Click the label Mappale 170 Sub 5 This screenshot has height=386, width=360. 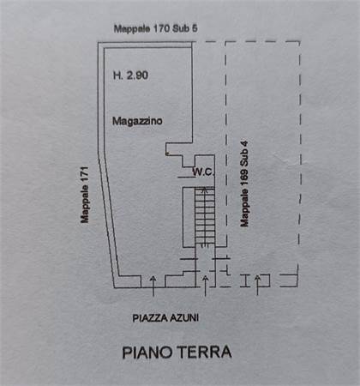[156, 28]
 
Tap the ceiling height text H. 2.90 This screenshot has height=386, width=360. [130, 75]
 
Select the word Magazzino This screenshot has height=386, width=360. [137, 121]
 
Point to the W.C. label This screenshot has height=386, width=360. [203, 172]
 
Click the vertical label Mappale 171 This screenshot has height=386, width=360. [85, 195]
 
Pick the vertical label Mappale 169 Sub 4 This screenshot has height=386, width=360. [244, 184]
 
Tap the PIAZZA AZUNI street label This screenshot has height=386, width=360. [165, 318]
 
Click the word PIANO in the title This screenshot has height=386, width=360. [147, 353]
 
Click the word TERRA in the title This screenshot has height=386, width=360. [204, 352]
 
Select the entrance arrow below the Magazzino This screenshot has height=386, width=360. [153, 286]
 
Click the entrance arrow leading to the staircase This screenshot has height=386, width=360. [205, 286]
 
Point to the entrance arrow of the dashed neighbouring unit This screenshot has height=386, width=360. [257, 285]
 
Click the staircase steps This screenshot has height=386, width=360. [205, 216]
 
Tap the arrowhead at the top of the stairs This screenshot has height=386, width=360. [205, 189]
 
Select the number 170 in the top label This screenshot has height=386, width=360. [163, 28]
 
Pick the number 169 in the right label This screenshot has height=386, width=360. [244, 179]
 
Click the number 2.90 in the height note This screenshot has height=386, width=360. [137, 75]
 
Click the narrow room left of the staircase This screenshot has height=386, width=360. [189, 217]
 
